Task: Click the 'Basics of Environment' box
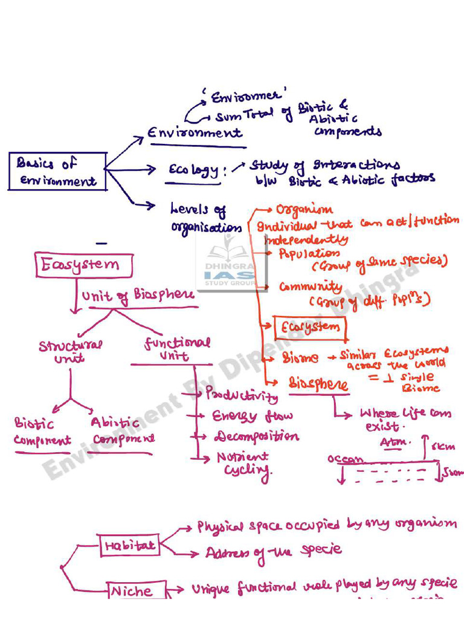57,171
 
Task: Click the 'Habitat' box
129,545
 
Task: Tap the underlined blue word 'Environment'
195,134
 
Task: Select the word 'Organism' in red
304,210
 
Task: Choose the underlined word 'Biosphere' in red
318,384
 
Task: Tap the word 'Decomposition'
256,436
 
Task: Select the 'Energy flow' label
252,416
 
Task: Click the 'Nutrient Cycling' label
243,464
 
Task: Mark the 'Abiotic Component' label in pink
123,431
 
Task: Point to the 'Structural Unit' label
70,351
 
